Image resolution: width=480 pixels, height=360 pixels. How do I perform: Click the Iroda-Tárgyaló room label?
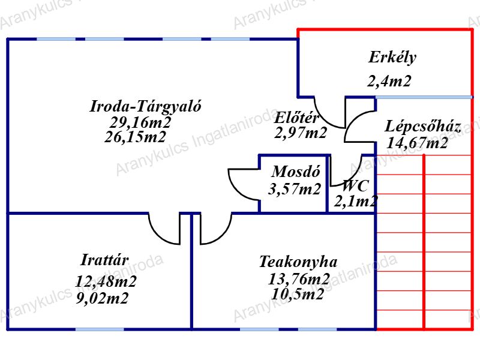145,107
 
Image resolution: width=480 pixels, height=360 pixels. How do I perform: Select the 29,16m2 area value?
140,122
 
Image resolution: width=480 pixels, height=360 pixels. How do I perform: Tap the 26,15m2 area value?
135,137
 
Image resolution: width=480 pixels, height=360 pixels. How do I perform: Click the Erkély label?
392,58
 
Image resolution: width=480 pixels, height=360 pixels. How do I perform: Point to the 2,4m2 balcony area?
389,82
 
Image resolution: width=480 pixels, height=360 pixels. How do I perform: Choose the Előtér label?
296,118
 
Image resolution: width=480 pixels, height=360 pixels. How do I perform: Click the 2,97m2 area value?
301,133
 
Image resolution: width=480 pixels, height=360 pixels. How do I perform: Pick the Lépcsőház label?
423,127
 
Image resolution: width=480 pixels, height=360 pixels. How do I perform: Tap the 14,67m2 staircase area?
418,143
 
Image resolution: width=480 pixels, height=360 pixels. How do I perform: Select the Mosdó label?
295,171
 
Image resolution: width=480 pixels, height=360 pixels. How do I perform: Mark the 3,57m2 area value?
295,190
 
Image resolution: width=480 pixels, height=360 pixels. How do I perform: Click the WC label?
355,185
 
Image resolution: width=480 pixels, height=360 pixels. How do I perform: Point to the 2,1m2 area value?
356,201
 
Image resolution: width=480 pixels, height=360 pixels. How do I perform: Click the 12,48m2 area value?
106,281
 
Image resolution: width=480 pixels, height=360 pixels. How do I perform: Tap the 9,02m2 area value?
103,298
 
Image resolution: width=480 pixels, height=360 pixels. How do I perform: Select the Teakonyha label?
298,262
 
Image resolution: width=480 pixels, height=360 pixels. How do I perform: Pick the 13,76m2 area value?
299,279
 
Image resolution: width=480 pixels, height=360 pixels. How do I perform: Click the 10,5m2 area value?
298,294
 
